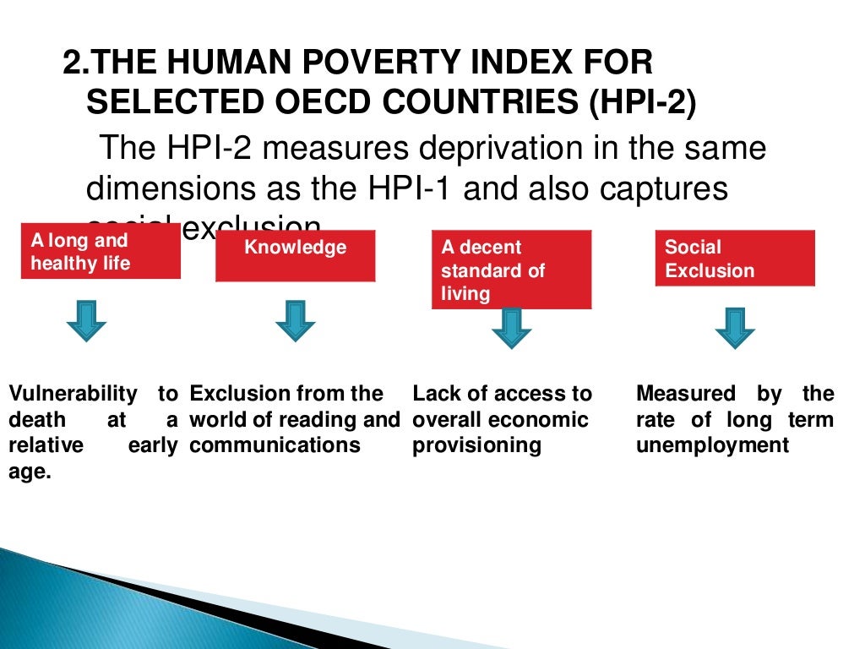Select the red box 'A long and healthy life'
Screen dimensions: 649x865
[101, 252]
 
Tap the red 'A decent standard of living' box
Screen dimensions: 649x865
[511, 270]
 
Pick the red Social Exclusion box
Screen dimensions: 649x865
[735, 259]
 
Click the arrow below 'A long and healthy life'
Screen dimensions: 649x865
[86, 320]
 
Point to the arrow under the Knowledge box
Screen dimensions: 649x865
[295, 320]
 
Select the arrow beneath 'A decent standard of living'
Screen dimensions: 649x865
[512, 327]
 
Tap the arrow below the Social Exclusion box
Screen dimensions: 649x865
[735, 327]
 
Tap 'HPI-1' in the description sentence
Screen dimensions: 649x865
[400, 188]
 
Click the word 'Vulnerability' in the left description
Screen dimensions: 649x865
[73, 394]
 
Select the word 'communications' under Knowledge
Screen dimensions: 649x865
[275, 445]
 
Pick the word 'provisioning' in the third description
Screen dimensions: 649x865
[476, 445]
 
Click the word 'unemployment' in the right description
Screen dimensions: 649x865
[712, 445]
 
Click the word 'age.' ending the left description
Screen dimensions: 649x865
[30, 472]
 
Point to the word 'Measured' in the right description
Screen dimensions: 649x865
[685, 394]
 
